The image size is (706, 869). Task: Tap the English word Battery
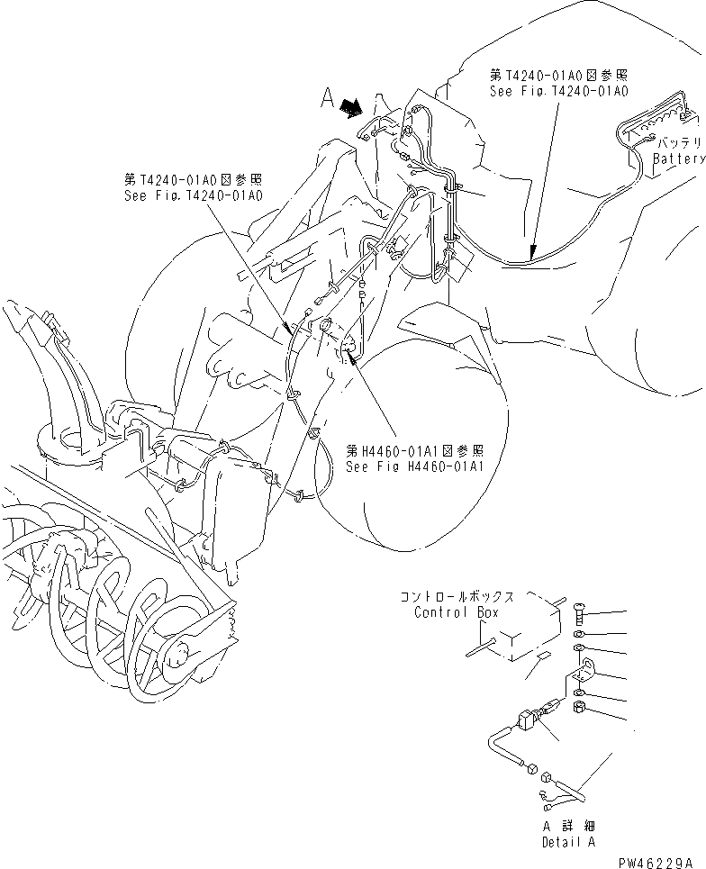tap(678, 159)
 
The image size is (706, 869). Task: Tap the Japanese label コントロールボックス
tap(457, 597)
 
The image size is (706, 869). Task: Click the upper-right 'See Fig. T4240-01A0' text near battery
tap(558, 92)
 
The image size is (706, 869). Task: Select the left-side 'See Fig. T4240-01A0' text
tap(194, 196)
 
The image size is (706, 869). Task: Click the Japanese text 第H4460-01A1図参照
tap(415, 451)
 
